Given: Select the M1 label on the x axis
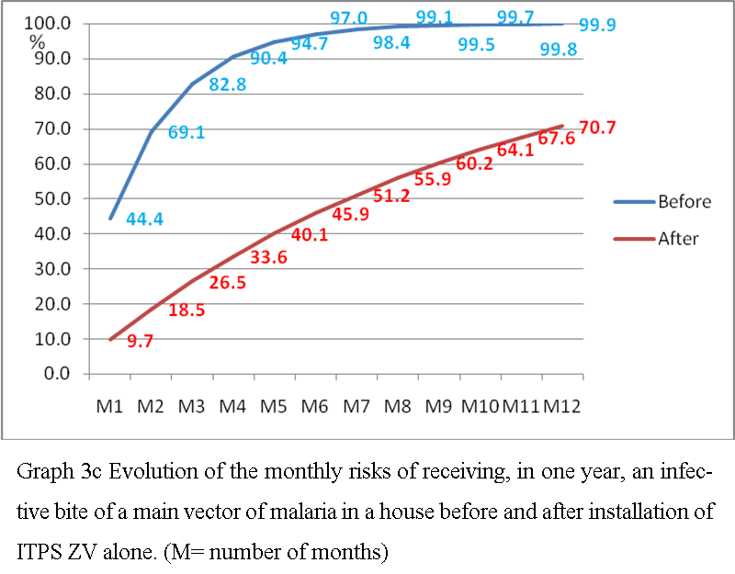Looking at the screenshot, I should point(109,405).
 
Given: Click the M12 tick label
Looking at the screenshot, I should point(562,405).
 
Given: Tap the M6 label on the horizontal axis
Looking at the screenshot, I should point(315,405).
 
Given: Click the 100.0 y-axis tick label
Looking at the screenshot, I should point(49,23).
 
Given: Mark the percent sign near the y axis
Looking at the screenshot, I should point(38,40).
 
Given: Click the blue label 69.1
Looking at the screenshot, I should point(187,132).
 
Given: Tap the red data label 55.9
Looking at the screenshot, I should point(433,181).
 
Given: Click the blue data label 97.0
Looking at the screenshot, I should point(350,17).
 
